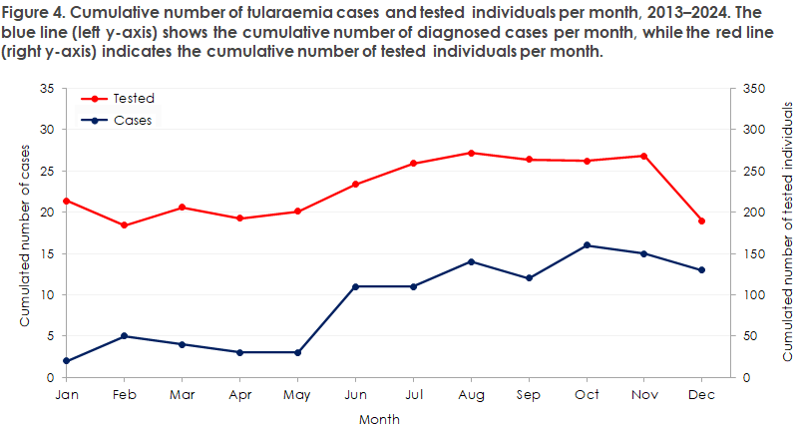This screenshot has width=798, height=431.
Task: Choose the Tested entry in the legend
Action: click(135, 99)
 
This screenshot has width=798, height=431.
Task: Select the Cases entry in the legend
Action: click(134, 120)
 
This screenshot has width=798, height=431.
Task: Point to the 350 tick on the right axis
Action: click(751, 89)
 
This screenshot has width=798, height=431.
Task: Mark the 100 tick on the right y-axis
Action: click(751, 295)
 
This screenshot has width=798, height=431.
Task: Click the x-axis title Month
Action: click(379, 419)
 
